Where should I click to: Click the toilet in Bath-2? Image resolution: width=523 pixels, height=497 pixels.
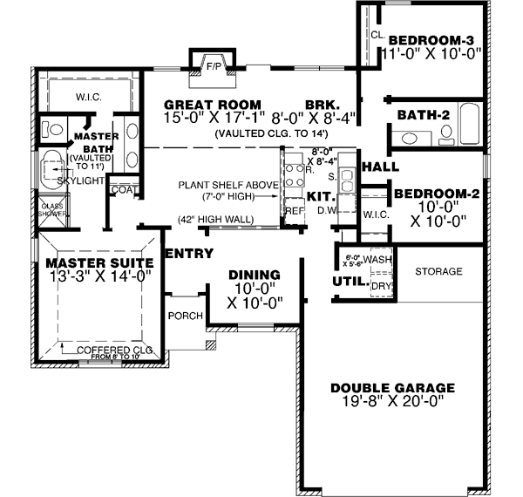coord(446,135)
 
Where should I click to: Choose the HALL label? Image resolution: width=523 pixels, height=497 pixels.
coord(380,167)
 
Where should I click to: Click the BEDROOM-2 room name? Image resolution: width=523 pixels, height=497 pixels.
coord(436,194)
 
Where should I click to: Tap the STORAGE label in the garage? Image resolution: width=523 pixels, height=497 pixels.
coord(438,272)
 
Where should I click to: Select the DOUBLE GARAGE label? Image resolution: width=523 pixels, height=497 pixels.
coord(392,388)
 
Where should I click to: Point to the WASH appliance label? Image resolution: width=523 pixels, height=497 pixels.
coord(377,260)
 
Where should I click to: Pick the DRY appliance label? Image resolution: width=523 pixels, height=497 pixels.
coord(380,285)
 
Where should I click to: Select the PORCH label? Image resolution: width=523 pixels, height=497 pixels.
coord(186,316)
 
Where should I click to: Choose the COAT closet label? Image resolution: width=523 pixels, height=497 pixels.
coord(122,189)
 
